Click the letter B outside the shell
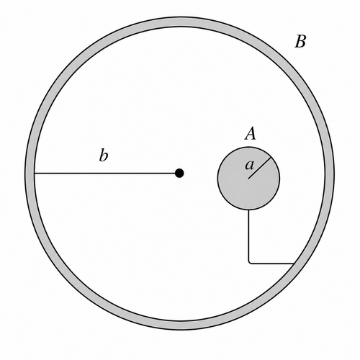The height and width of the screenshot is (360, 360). [300, 42]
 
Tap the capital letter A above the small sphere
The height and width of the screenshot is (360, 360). [251, 134]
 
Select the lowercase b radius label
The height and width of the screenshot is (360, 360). [104, 155]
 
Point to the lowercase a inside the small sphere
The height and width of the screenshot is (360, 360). [249, 166]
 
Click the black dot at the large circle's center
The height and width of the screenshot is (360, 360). [179, 173]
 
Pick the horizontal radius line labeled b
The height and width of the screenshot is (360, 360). [105, 173]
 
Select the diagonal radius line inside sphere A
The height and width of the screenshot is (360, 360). [260, 168]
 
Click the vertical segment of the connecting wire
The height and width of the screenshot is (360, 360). [249, 235]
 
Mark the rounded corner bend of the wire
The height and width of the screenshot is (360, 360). [250, 263]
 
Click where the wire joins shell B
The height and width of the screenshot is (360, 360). [294, 264]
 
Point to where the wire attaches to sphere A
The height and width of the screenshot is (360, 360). [249, 210]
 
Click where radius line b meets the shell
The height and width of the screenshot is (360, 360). [35, 173]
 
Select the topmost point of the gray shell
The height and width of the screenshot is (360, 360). [180, 17]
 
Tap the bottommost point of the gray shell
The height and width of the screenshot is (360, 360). [180, 330]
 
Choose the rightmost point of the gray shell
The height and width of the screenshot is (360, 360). [335, 174]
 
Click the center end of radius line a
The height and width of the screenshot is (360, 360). [248, 179]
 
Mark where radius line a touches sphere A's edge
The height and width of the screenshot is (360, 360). [271, 157]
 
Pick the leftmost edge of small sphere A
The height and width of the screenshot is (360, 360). [217, 179]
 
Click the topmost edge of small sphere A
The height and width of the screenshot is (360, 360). [248, 147]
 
